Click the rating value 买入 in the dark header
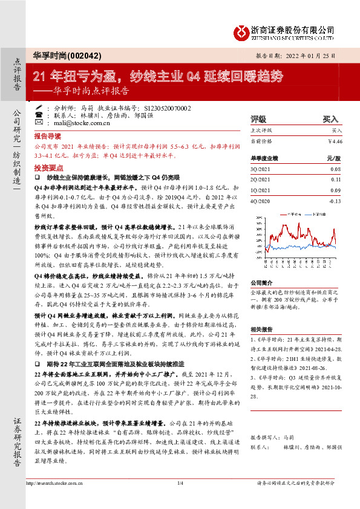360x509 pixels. (330, 120)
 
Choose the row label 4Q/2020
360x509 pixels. (260, 200)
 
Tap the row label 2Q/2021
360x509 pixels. (260, 180)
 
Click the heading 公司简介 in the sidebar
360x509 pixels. (262, 282)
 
